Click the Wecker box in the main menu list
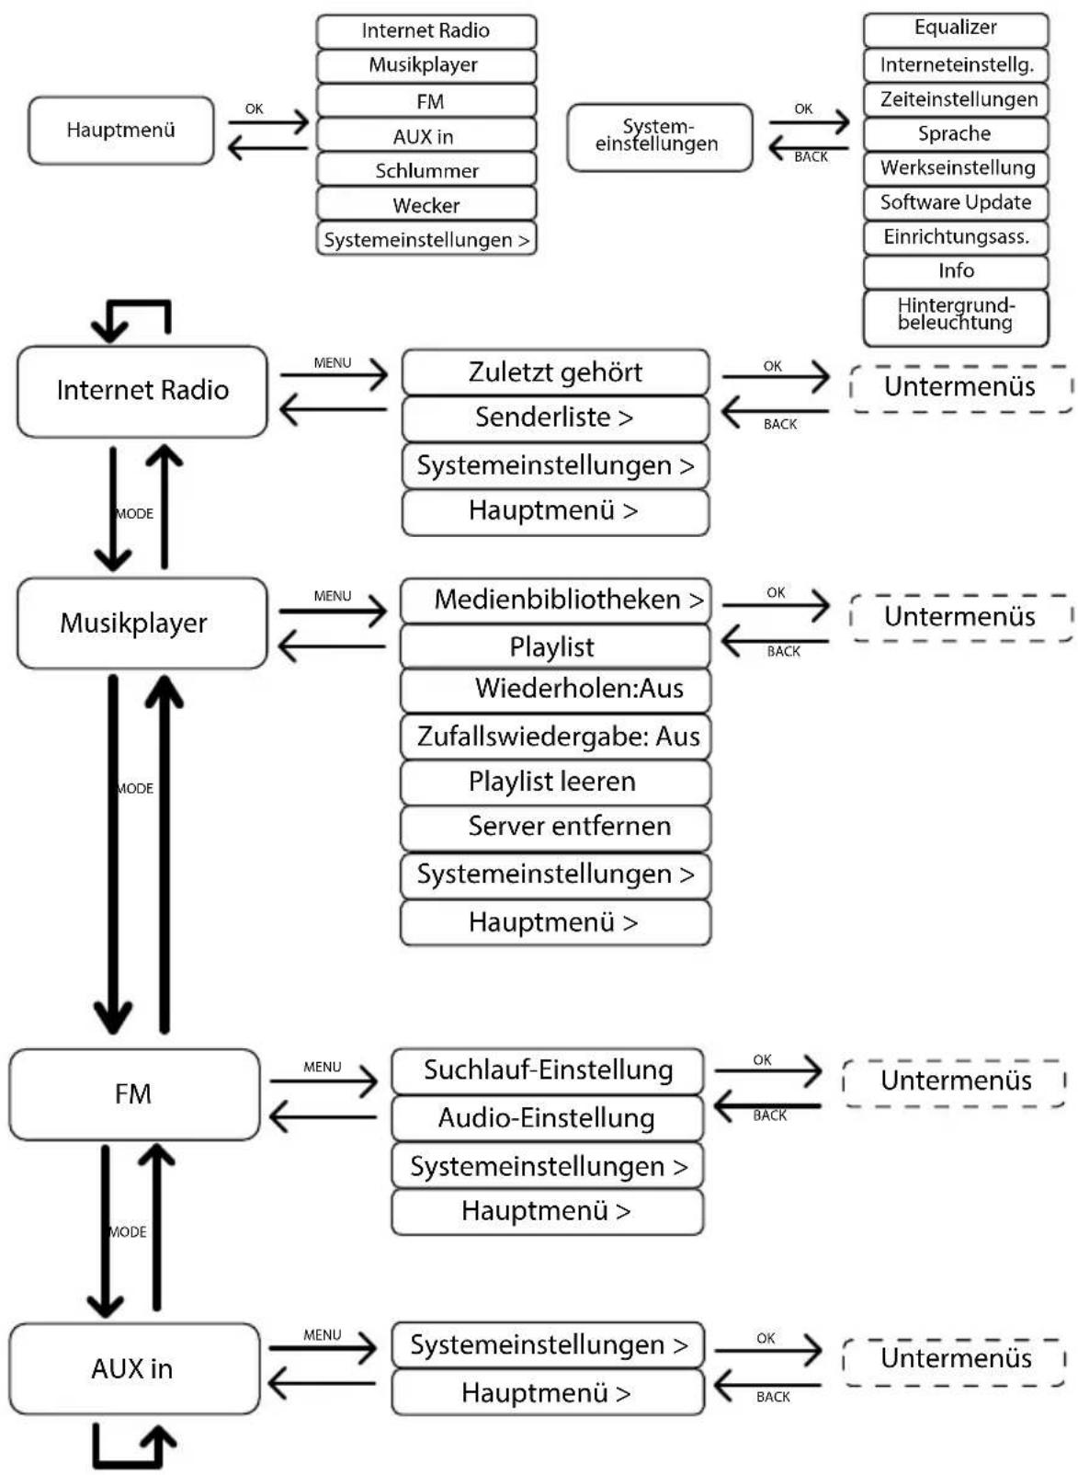tap(426, 204)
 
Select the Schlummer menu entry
tap(426, 170)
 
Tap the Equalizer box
tap(955, 29)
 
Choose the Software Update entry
tap(955, 202)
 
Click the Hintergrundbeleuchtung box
tap(955, 317)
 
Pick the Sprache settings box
tap(955, 133)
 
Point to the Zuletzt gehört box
tap(555, 372)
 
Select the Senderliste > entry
tap(555, 418)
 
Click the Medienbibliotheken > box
tap(555, 600)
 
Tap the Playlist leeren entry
tap(555, 783)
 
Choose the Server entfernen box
tap(555, 828)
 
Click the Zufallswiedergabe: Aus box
tap(555, 737)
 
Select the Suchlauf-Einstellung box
tap(547, 1070)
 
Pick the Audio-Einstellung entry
tap(547, 1118)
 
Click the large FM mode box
tap(134, 1094)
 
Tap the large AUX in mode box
tap(134, 1369)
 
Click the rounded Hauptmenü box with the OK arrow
tap(121, 131)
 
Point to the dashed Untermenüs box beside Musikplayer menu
tap(959, 617)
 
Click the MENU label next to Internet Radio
tap(333, 363)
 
